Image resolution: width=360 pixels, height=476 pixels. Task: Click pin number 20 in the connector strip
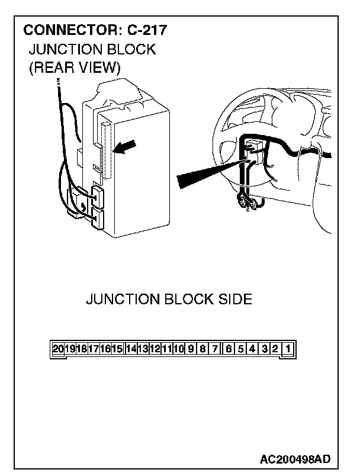coord(58,349)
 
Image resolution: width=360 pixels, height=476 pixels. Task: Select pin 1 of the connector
coord(287,349)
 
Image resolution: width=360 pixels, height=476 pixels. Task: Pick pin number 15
coord(117,349)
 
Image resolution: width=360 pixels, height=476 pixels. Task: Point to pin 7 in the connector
coord(215,349)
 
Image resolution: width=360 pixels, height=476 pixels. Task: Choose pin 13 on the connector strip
coord(143,349)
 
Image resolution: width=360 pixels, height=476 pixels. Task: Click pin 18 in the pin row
coord(81,349)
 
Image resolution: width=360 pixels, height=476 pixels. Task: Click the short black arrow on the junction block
coord(127,148)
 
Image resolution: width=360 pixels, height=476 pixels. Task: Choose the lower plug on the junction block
coord(97,218)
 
